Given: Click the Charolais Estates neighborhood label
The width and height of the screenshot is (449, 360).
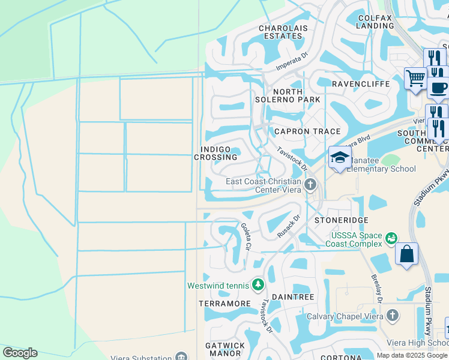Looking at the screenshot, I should click(280, 32).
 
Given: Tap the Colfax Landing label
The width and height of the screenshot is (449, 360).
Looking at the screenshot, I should click(375, 22).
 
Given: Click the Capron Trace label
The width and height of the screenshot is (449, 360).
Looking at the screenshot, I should click(307, 131).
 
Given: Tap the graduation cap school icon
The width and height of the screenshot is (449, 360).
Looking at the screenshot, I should click(340, 158).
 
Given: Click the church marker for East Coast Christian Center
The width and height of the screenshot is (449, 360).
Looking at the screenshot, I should click(310, 184).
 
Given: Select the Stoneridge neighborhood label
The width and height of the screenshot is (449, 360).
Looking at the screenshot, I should click(337, 220).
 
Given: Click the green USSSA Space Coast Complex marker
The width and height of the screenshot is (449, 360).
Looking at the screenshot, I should click(391, 239).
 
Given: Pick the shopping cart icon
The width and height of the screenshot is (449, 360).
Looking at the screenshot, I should click(415, 78).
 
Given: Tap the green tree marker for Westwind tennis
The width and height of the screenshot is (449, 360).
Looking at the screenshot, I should click(258, 284).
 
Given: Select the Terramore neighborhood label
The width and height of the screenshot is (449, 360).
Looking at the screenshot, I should click(224, 304).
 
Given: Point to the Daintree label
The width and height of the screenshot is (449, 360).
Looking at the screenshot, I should click(293, 297).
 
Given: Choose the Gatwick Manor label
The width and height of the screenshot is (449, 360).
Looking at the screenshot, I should click(225, 349).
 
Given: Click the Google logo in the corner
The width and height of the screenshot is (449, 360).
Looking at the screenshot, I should click(20, 353).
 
